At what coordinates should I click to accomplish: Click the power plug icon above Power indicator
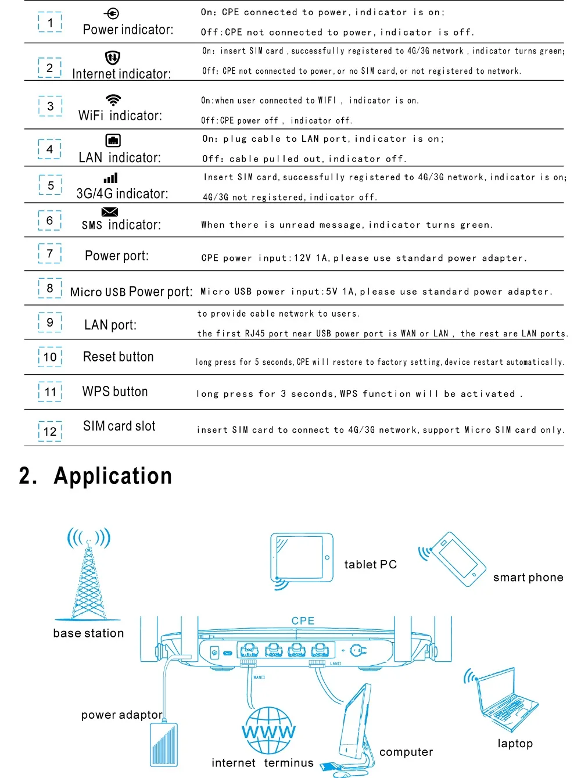tap(112, 13)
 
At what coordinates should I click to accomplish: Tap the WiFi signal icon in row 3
tap(113, 99)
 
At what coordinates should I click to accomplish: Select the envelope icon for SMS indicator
tap(110, 211)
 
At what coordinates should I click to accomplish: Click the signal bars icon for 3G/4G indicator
tap(111, 178)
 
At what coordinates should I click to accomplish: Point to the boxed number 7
tap(50, 254)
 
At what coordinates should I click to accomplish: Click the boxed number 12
tap(50, 432)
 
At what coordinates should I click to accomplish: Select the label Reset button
tap(119, 357)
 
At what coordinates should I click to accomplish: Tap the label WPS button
tap(115, 392)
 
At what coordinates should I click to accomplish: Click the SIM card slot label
tap(119, 426)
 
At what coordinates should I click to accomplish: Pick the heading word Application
tap(113, 476)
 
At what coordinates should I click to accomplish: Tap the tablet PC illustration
tap(302, 558)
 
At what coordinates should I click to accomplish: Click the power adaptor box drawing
tap(164, 745)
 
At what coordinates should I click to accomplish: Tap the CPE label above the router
tap(303, 621)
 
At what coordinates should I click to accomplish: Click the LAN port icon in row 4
tap(113, 141)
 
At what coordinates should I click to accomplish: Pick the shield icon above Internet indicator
tap(112, 58)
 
